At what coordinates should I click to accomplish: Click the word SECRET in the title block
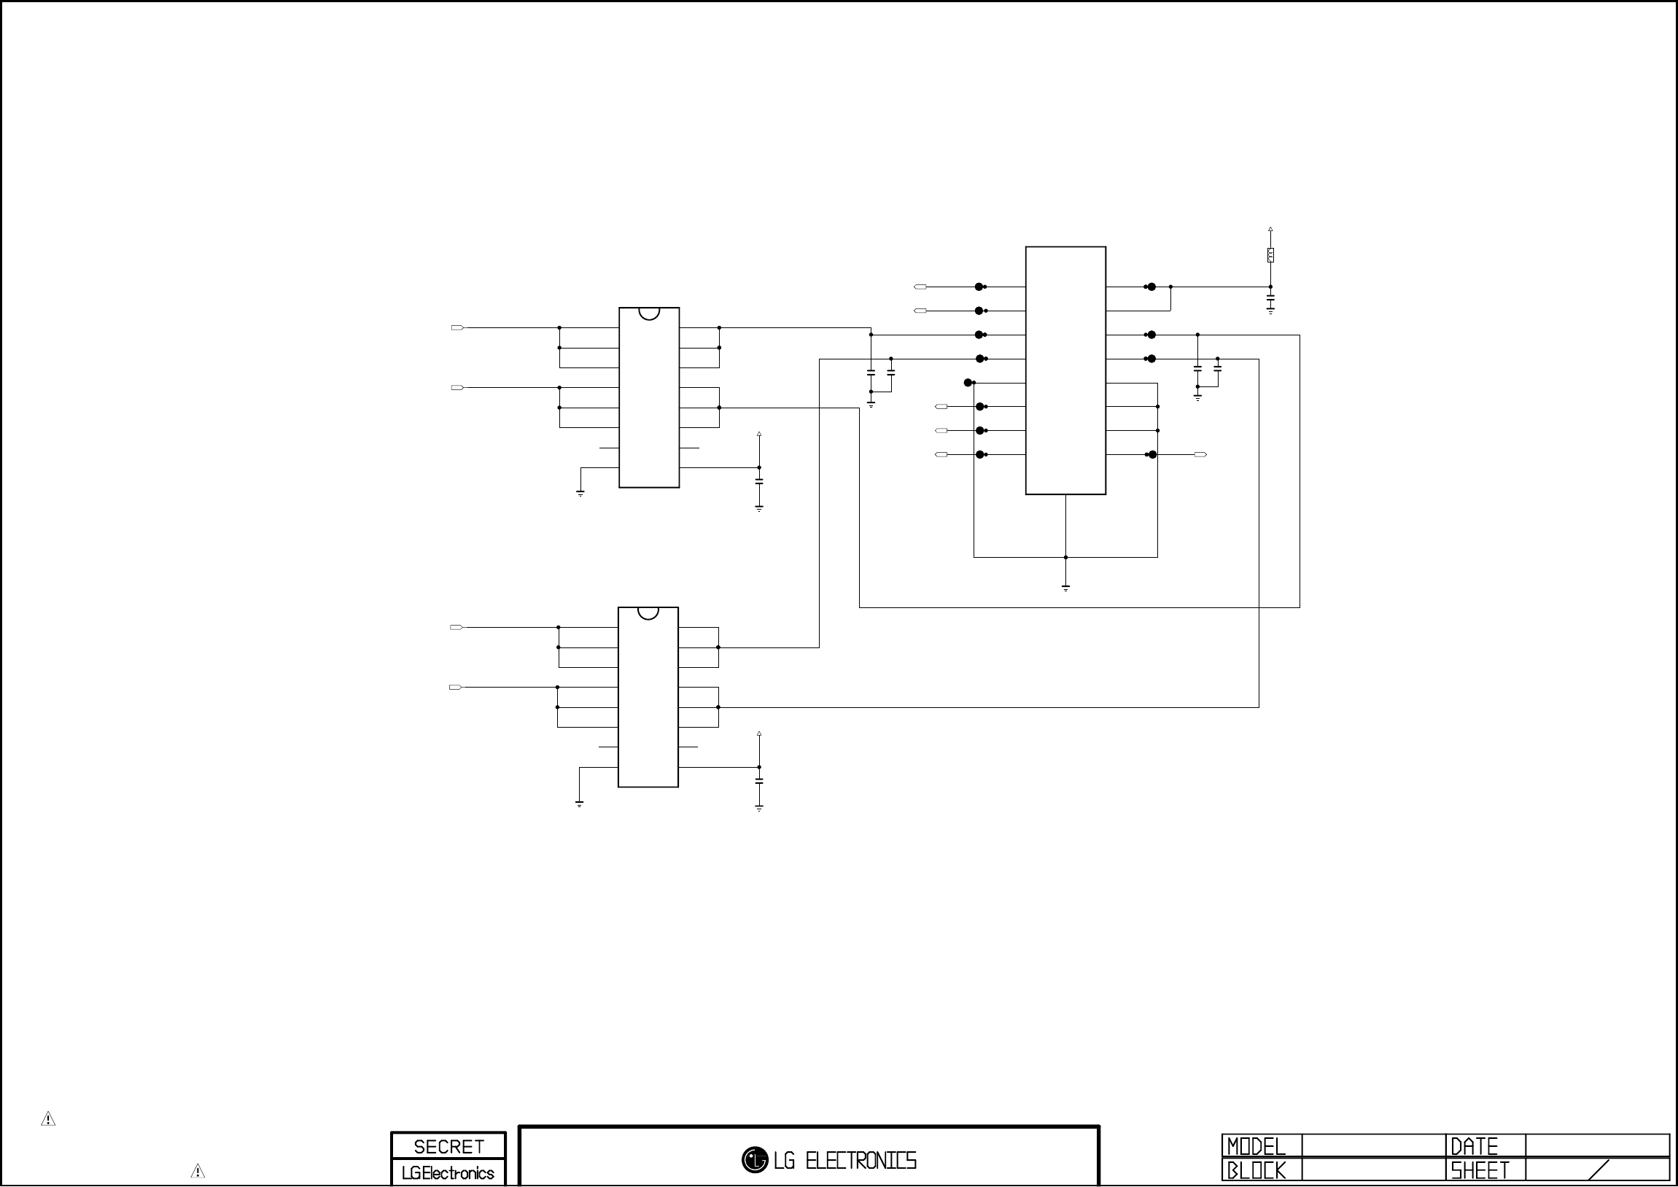448,1146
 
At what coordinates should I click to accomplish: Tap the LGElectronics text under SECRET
448,1173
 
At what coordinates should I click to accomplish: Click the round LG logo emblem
754,1159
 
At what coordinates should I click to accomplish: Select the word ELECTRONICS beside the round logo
861,1160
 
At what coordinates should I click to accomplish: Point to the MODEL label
1256,1146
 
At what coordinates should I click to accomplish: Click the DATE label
1474,1146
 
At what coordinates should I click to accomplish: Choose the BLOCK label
1256,1171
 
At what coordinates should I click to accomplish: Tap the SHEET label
1480,1171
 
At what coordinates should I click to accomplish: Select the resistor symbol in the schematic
1271,255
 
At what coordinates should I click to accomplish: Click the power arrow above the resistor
1271,230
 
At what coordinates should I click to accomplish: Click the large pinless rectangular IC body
1065,370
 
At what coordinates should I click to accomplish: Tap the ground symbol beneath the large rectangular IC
1065,587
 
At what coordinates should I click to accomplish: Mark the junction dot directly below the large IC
1065,558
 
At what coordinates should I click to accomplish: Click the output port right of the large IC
1200,455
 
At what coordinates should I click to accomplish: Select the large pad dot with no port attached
968,382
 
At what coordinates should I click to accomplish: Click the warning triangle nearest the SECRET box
198,1171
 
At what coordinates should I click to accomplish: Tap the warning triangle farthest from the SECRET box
48,1119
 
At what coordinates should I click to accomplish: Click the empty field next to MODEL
1373,1146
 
